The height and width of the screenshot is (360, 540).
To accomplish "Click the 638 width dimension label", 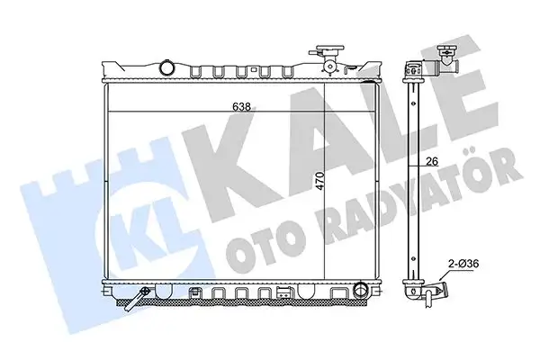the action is click(241, 107).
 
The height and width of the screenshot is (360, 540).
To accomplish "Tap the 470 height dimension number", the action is click(320, 181).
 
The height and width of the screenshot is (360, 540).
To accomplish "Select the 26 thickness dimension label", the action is click(432, 161).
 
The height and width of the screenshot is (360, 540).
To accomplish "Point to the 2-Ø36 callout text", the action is click(463, 265).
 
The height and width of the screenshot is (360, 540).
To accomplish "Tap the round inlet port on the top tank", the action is click(167, 67).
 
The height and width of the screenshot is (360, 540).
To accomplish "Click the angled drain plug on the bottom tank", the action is click(139, 297).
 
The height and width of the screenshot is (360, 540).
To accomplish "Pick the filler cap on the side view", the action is click(446, 52).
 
